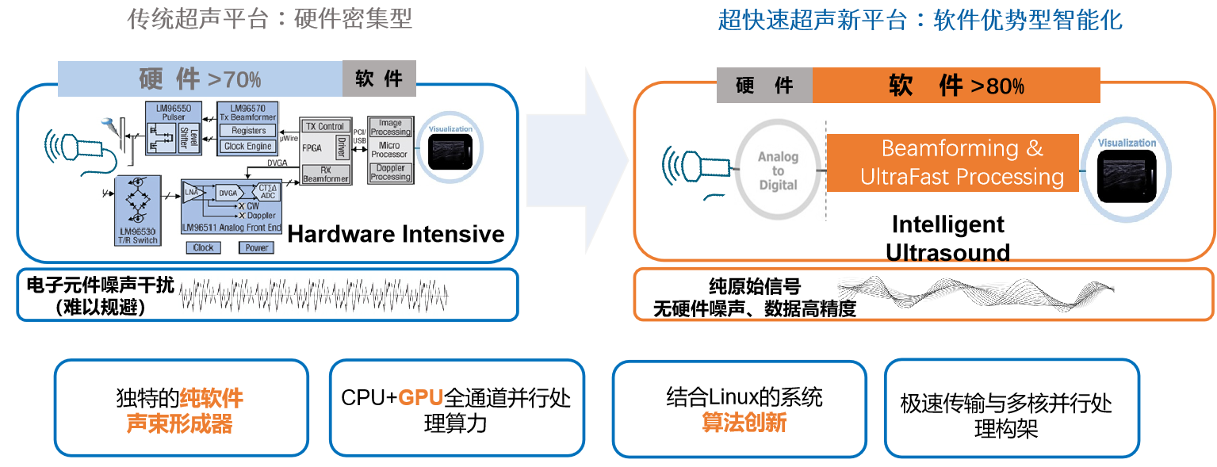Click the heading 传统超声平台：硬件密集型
pos(270,18)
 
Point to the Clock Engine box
pos(248,146)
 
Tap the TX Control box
pos(326,126)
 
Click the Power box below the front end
pos(257,247)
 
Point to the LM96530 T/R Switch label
pos(137,236)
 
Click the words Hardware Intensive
pos(396,234)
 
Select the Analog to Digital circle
pos(778,170)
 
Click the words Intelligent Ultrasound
pos(947,239)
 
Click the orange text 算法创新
pos(744,423)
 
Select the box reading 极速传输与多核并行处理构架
pos(1011,408)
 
